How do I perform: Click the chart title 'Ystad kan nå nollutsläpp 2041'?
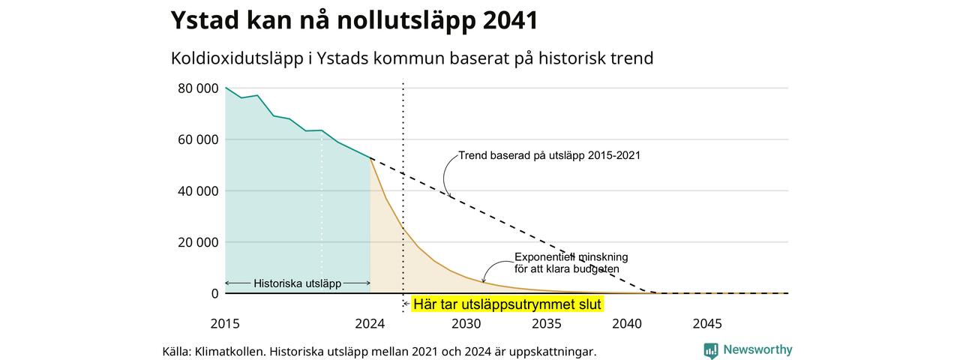click(354, 20)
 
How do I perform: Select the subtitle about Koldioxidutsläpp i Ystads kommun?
click(412, 58)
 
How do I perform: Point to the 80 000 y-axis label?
click(198, 88)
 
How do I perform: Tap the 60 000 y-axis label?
click(198, 139)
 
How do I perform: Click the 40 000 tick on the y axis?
click(198, 191)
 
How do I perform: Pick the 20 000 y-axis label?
click(198, 242)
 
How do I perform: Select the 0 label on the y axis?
click(214, 293)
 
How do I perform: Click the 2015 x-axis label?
click(225, 324)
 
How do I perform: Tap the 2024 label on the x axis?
click(370, 324)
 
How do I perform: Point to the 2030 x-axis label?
click(466, 324)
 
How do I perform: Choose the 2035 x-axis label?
click(547, 324)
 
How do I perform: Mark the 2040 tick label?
click(627, 324)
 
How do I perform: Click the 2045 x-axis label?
click(707, 324)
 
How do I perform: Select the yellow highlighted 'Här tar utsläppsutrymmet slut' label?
click(508, 304)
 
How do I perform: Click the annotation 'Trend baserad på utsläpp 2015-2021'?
click(550, 155)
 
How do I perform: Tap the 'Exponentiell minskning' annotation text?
click(571, 257)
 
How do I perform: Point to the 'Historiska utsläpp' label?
click(298, 283)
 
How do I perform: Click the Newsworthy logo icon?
click(710, 350)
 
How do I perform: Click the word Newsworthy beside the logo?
click(757, 349)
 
